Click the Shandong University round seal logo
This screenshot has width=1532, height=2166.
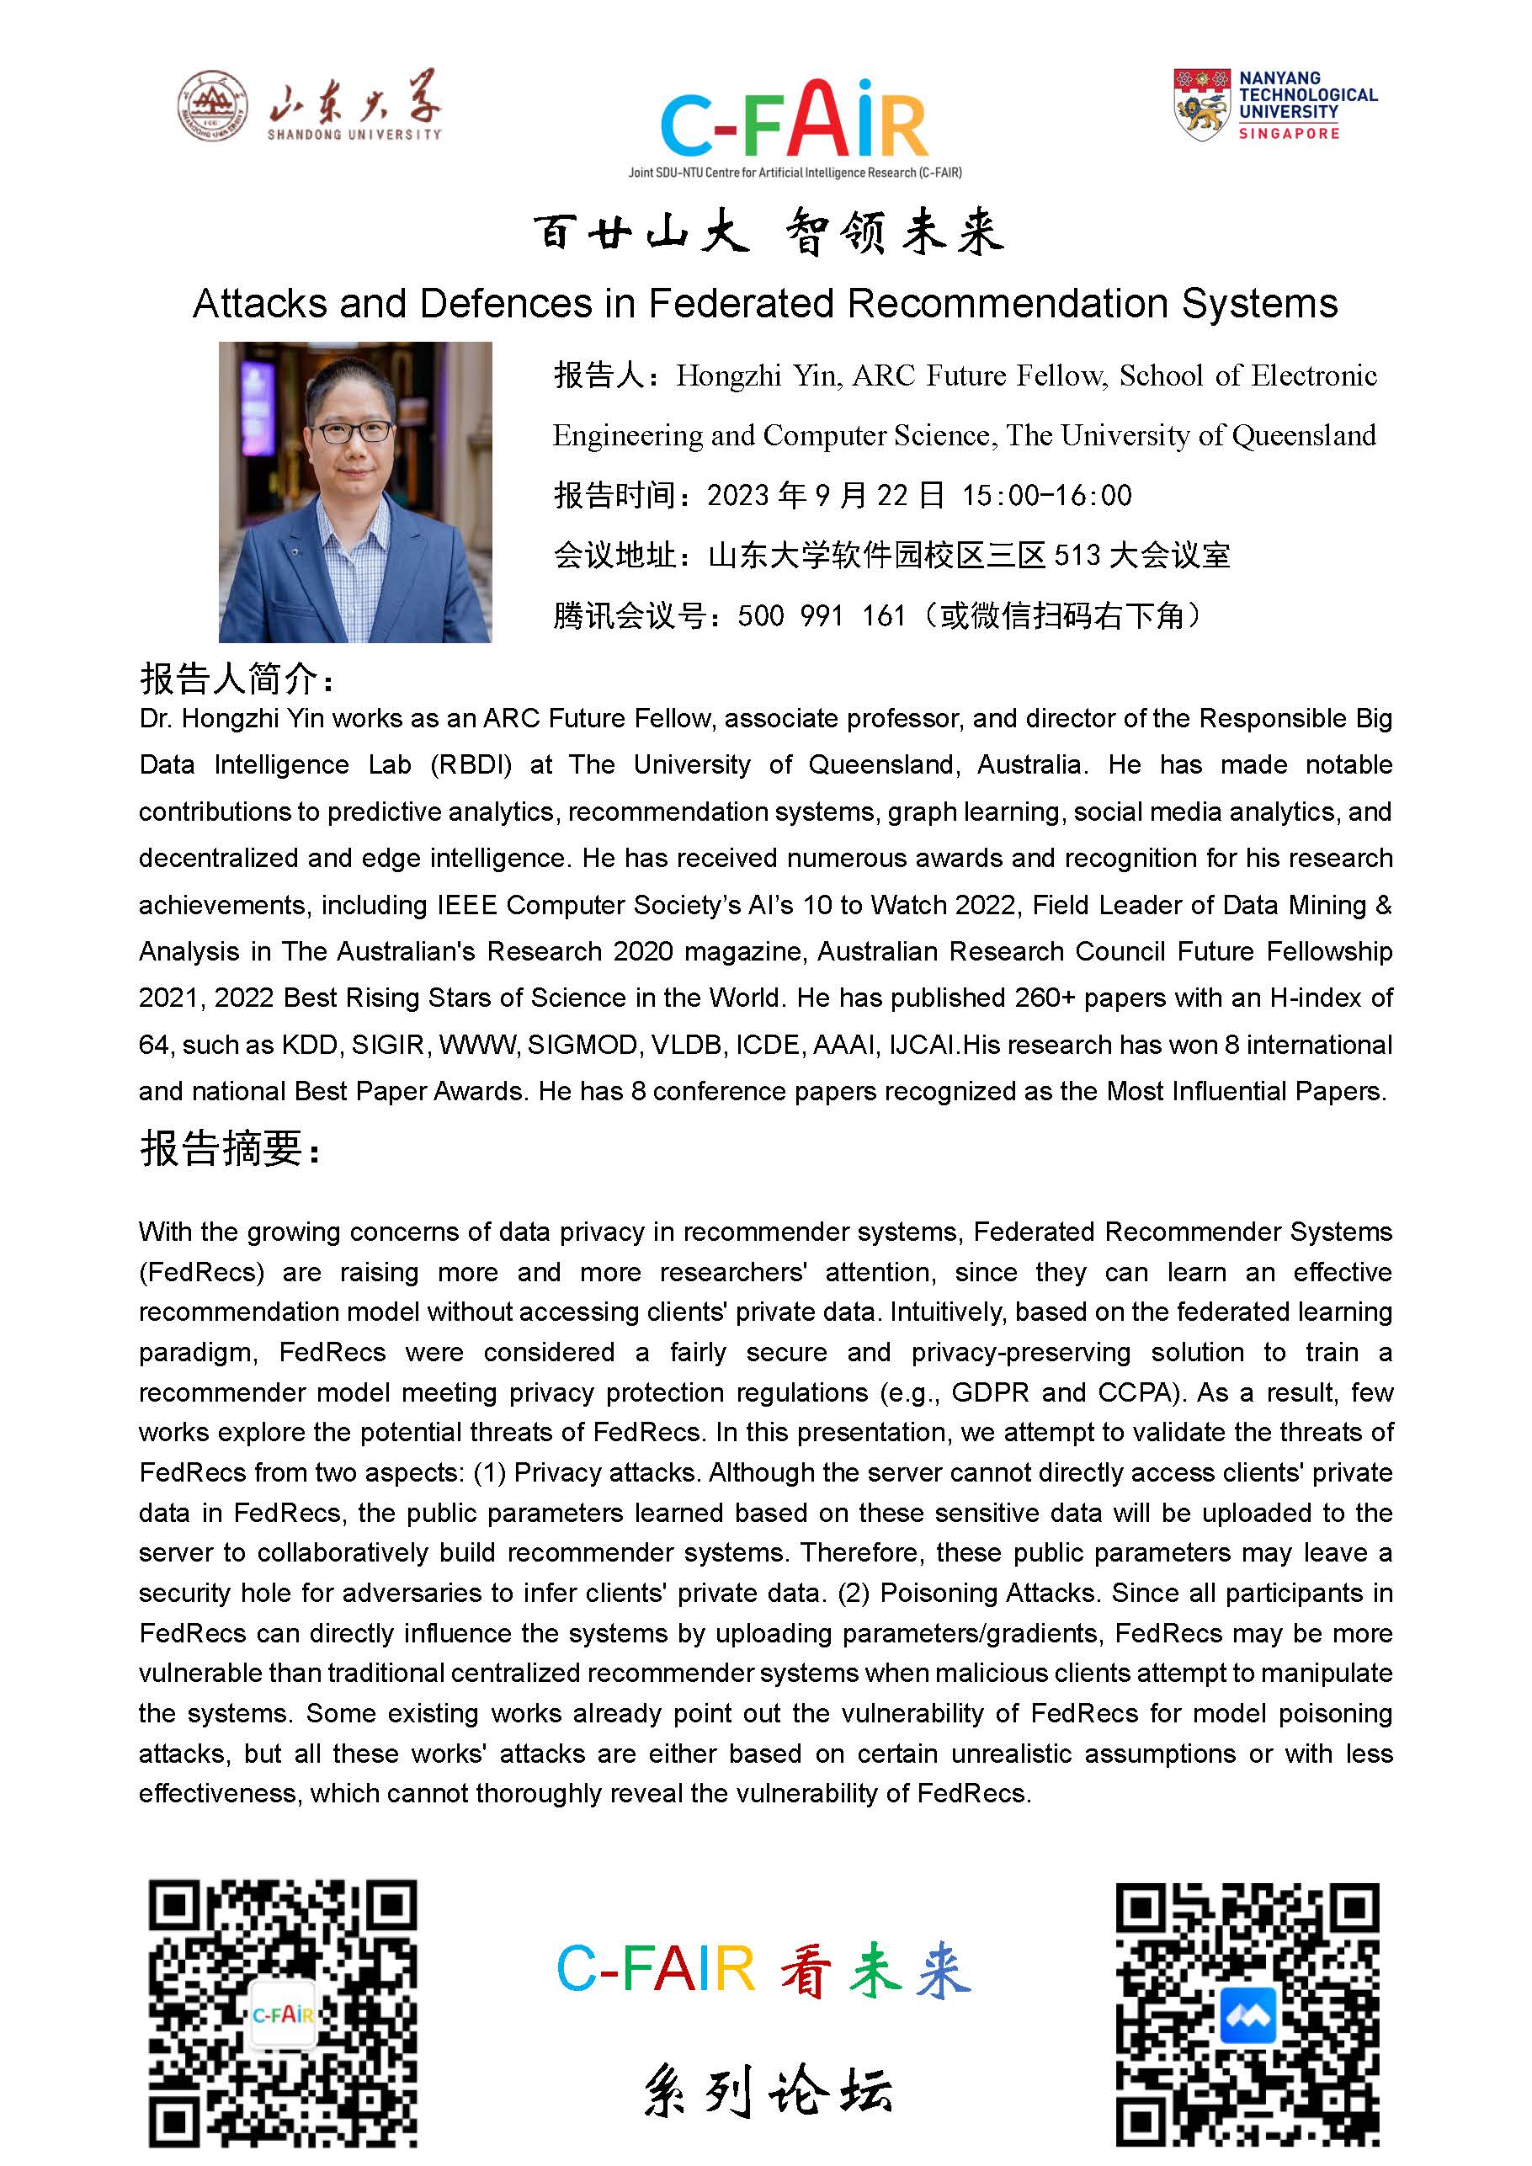point(213,106)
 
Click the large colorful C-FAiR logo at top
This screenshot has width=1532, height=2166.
point(795,120)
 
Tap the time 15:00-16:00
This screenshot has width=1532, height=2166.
point(1046,495)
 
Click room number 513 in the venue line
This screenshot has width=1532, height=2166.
point(1077,556)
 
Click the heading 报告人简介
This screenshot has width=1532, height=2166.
point(236,679)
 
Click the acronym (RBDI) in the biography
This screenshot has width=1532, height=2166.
point(471,765)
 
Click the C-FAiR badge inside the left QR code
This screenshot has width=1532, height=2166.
point(282,2014)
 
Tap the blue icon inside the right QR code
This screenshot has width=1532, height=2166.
point(1247,2015)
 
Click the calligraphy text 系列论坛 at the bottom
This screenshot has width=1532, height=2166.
point(767,2091)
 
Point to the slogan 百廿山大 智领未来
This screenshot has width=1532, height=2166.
point(768,232)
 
